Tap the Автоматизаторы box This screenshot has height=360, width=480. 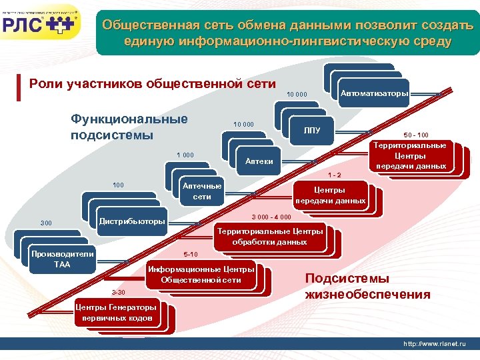(374, 93)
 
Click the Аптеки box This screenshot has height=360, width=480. (259, 161)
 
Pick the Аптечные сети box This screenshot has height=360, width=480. (201, 191)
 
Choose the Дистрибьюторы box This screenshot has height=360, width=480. (132, 221)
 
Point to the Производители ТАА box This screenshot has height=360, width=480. (62, 259)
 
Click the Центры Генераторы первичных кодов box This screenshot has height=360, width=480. (116, 313)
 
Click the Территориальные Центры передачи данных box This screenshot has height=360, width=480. (409, 155)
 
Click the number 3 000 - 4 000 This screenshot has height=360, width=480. (271, 217)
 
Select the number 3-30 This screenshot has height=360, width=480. (118, 293)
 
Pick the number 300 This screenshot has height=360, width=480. (46, 223)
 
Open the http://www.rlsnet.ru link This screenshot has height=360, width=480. (435, 343)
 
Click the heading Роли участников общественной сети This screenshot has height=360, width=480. (153, 84)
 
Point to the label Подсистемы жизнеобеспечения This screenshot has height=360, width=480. (367, 287)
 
